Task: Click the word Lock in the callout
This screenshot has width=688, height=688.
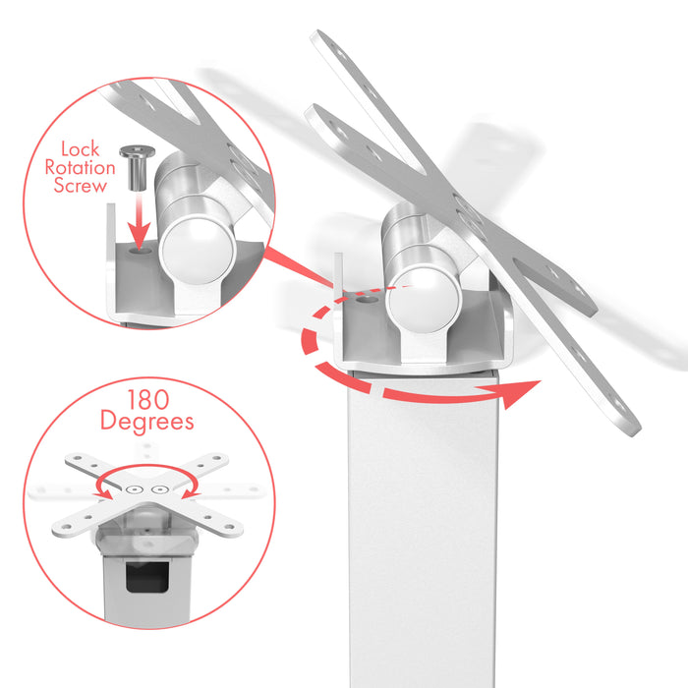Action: point(81,149)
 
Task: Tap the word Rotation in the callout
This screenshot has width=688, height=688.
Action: point(81,168)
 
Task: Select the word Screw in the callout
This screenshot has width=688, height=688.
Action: point(81,186)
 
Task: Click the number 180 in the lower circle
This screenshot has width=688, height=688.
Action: point(147,400)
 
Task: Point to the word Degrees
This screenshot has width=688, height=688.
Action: point(147,422)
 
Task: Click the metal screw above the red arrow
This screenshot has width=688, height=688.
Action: point(137,168)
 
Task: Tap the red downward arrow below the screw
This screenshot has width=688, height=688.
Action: point(139,221)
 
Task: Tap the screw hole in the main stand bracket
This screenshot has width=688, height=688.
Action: point(367,300)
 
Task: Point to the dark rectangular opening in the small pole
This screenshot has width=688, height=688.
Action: point(147,576)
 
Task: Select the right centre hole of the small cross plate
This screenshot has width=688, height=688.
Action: point(159,489)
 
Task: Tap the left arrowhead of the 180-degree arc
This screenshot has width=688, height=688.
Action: point(104,494)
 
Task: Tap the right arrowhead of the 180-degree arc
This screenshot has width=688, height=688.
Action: point(190,494)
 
